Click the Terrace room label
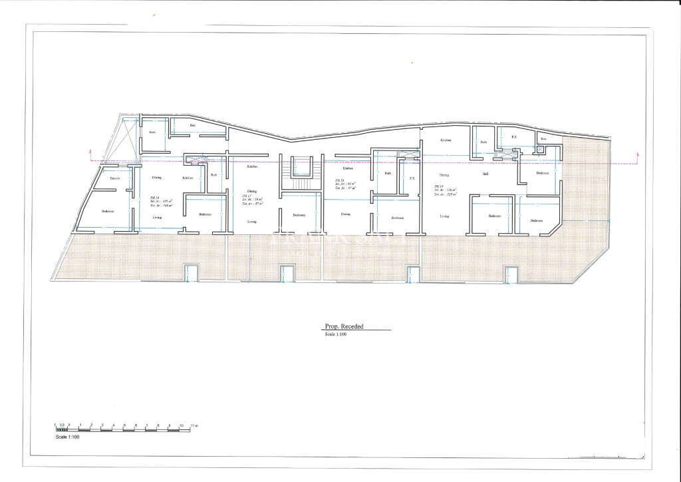(x=115, y=178)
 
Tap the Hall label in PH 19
(x=486, y=174)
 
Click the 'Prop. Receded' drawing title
(x=344, y=327)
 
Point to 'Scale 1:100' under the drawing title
(x=336, y=334)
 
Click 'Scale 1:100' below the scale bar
(x=66, y=437)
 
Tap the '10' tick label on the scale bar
(x=180, y=425)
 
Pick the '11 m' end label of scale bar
(x=194, y=425)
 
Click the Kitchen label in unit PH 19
(x=446, y=140)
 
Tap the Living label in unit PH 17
(x=252, y=221)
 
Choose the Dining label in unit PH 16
(x=345, y=214)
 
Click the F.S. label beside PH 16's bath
(x=412, y=178)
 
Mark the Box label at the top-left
(x=193, y=125)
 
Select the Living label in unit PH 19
(x=444, y=216)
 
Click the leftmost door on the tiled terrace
(x=192, y=274)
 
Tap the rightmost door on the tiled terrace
(x=511, y=274)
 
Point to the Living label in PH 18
(x=158, y=217)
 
